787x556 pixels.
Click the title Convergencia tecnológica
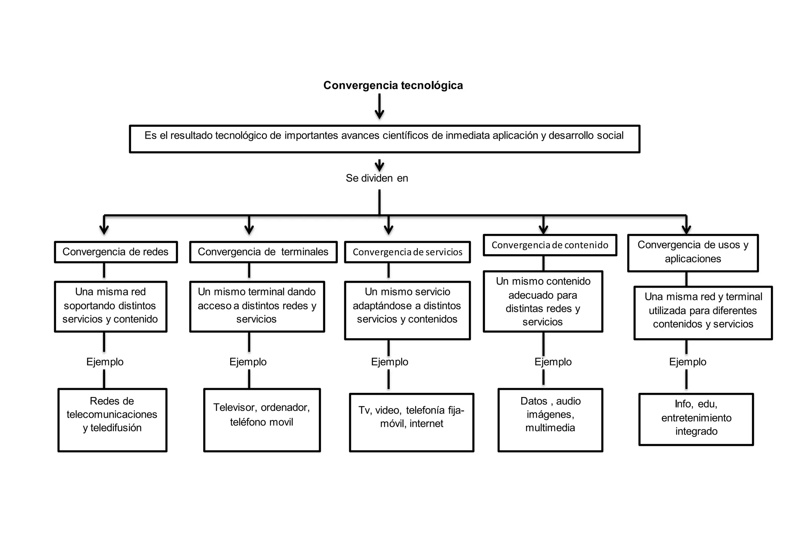click(x=393, y=85)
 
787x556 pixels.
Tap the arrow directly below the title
click(x=379, y=108)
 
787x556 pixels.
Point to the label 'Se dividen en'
click(x=377, y=178)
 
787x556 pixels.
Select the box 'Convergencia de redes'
click(x=116, y=252)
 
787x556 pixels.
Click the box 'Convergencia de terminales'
click(x=263, y=252)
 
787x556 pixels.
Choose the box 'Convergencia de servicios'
click(x=407, y=252)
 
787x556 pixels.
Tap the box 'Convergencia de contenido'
click(x=550, y=245)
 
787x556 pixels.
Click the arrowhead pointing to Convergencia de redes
click(x=104, y=229)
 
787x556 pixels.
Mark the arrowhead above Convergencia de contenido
click(x=543, y=229)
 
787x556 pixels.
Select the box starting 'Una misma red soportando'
click(x=111, y=306)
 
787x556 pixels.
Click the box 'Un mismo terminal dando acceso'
click(x=257, y=306)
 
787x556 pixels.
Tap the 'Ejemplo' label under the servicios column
click(x=389, y=362)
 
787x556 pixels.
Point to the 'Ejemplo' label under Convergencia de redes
click(x=105, y=362)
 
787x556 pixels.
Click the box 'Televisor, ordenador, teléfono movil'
click(x=262, y=420)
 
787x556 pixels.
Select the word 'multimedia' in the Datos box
click(x=550, y=428)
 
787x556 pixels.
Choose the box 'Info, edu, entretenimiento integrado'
click(x=696, y=419)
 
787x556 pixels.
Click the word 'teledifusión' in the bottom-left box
click(x=116, y=428)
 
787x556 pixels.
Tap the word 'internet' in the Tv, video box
click(x=426, y=424)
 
